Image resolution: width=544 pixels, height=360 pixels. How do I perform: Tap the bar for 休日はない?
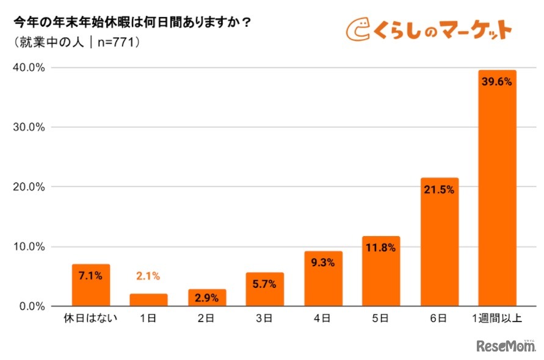[x=91, y=285]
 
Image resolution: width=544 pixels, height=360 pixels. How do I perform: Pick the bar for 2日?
[x=207, y=297]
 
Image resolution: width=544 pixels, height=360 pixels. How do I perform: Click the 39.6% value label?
[x=496, y=82]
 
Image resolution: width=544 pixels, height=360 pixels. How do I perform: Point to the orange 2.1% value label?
[x=148, y=276]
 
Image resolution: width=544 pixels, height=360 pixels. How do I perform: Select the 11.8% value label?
[x=380, y=248]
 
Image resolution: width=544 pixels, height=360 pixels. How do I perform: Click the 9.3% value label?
[x=323, y=263]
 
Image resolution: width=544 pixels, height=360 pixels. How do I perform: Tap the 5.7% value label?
[x=265, y=284]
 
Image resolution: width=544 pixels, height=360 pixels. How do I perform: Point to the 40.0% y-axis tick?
[x=29, y=68]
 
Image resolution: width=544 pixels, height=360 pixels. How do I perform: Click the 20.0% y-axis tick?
[x=29, y=187]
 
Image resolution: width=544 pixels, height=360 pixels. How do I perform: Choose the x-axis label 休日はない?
[x=91, y=319]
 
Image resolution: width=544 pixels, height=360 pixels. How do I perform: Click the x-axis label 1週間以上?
[x=497, y=319]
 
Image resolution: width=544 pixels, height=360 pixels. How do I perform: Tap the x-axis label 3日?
[x=265, y=319]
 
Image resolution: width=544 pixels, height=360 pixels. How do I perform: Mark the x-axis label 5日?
[x=381, y=319]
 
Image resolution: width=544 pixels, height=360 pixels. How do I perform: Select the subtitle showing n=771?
[x=76, y=43]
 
